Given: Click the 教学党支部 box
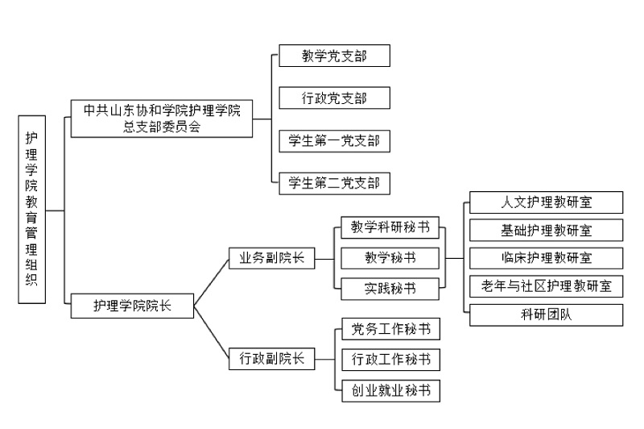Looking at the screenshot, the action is tap(334, 56).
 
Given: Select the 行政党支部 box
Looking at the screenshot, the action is tap(334, 98).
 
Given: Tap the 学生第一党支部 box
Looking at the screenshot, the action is tap(334, 141).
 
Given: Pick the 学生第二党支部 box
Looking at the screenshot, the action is tap(334, 183).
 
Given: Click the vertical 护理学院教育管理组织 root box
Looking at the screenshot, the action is tap(32, 210).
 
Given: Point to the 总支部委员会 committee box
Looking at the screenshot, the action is tap(162, 119).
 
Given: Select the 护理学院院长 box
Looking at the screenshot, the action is tap(132, 306).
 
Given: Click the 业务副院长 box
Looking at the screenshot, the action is tap(271, 258).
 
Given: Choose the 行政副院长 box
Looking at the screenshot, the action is tap(271, 359).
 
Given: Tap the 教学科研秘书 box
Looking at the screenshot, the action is tap(390, 227).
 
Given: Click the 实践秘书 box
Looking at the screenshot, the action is tap(390, 289).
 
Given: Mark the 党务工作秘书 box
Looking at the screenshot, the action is tap(390, 329).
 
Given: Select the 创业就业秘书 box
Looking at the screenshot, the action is tap(390, 391).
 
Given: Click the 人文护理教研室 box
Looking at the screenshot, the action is tap(547, 202).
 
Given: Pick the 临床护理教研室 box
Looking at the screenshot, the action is tap(547, 258).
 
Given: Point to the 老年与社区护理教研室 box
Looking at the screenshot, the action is tap(547, 286).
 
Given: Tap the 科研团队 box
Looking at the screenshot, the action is tap(547, 315).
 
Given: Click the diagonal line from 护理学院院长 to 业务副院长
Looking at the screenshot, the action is tap(211, 282).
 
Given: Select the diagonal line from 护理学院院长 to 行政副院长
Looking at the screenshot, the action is tap(211, 332).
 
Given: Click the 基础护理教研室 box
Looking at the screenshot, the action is tap(547, 230).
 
